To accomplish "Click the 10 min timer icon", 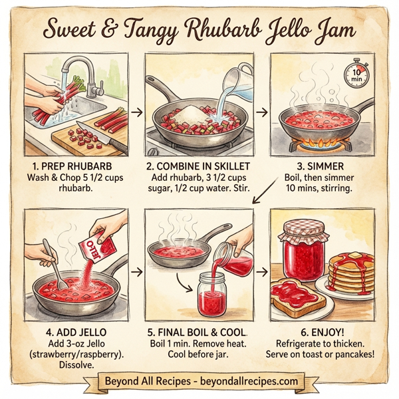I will tap(356, 74).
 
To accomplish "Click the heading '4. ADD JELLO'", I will tap(68, 331).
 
